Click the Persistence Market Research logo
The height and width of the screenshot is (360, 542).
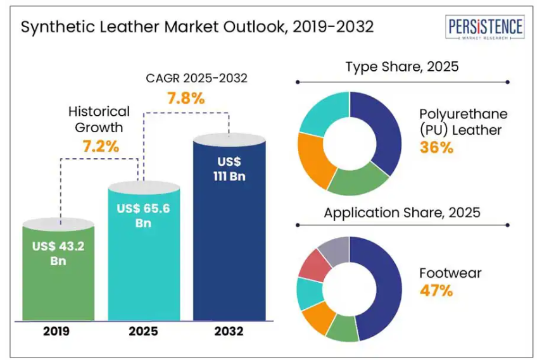(x=486, y=28)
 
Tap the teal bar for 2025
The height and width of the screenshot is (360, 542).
(x=144, y=266)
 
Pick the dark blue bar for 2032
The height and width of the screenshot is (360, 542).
(x=229, y=253)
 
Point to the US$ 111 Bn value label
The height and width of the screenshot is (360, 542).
(x=229, y=169)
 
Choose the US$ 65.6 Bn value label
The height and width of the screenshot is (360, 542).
(x=144, y=215)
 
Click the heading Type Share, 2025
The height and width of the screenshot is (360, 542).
(x=401, y=66)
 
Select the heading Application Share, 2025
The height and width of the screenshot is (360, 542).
(x=401, y=213)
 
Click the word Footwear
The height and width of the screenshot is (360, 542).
(x=450, y=273)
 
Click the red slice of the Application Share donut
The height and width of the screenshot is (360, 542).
(x=314, y=266)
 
